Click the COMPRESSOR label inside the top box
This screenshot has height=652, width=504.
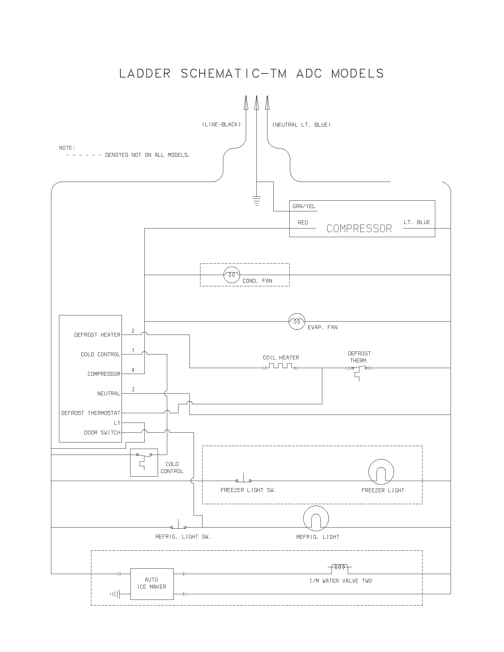(359, 229)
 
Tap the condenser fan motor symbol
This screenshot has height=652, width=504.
(232, 275)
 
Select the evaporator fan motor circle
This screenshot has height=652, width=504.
(297, 321)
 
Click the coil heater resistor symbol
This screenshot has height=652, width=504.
(280, 367)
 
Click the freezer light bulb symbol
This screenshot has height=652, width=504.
(381, 472)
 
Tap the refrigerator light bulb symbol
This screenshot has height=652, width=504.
(316, 519)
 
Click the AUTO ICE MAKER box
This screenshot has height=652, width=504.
(152, 584)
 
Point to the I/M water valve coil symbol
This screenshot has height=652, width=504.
(339, 567)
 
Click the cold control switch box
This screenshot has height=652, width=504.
(144, 462)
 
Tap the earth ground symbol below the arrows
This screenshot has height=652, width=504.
(256, 201)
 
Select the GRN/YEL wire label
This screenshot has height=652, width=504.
(304, 206)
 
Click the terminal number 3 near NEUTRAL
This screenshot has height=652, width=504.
(133, 389)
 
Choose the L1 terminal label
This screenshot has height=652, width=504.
(117, 423)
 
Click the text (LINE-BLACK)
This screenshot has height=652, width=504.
(221, 124)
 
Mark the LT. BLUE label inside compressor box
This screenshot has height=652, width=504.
(417, 222)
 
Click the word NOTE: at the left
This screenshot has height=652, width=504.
(67, 148)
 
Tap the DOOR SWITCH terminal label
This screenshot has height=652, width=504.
(102, 433)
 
